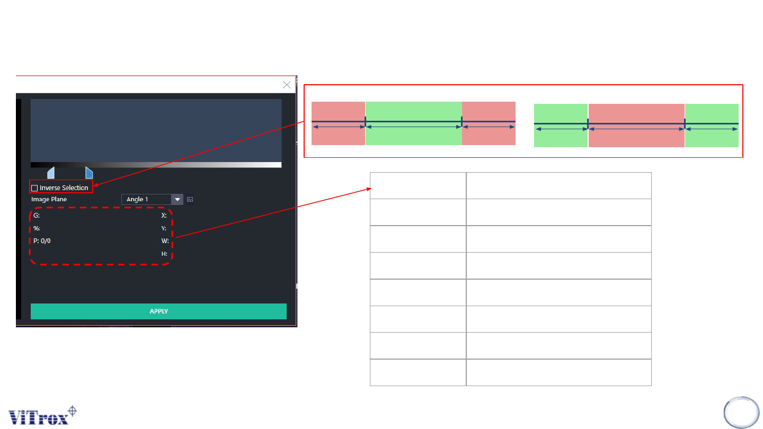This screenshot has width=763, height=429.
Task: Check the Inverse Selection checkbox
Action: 34,188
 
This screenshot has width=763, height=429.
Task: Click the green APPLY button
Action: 158,311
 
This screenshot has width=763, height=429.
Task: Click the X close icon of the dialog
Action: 287,85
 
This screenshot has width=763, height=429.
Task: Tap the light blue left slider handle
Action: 51,173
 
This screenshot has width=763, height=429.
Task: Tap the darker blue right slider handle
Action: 89,173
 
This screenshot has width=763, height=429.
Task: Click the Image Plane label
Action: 49,200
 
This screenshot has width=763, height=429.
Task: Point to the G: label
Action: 37,216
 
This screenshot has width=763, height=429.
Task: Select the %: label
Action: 37,228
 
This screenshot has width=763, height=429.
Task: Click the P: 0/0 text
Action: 42,241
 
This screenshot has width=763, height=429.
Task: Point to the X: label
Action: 164,216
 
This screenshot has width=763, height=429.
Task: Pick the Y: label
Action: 164,228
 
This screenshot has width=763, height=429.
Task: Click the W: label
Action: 165,241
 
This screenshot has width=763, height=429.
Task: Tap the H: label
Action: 164,254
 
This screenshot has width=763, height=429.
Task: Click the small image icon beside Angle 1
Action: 190,200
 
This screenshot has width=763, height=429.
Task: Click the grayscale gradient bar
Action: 156,165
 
